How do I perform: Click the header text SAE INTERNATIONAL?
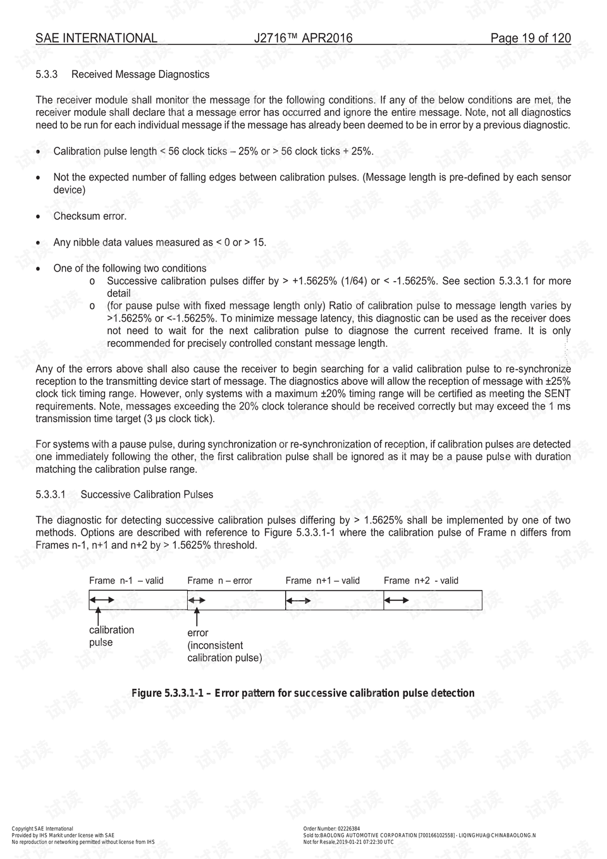96,38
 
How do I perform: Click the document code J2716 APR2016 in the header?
303,38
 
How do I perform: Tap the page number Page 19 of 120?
530,38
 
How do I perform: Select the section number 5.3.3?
47,75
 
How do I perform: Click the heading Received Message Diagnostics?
140,75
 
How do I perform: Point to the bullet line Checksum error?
90,216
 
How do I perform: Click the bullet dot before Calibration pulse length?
39,153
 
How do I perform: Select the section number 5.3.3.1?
51,495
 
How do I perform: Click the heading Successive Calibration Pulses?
147,495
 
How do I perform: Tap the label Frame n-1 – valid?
126,580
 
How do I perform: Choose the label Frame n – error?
219,580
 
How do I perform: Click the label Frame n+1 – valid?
322,580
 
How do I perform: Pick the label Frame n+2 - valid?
421,580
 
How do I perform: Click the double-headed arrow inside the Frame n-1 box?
102,599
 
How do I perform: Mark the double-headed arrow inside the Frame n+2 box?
396,600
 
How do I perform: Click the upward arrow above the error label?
197,617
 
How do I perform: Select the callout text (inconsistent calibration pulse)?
224,652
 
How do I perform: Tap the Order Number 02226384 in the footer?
332,829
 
